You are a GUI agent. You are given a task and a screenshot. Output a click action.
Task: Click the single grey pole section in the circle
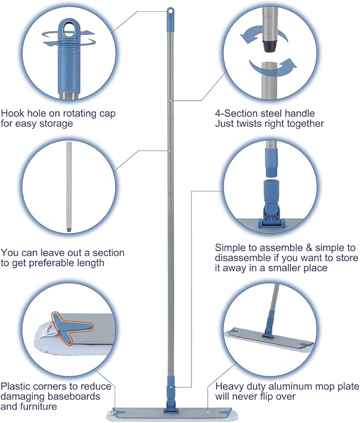[x=69, y=187]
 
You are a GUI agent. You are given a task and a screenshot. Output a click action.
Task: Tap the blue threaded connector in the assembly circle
[x=272, y=162]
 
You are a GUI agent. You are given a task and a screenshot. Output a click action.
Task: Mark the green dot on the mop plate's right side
[x=208, y=412]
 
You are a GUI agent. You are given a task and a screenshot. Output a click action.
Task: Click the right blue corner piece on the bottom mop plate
[x=225, y=411]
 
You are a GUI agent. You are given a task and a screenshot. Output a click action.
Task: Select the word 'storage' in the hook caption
[x=56, y=124]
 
